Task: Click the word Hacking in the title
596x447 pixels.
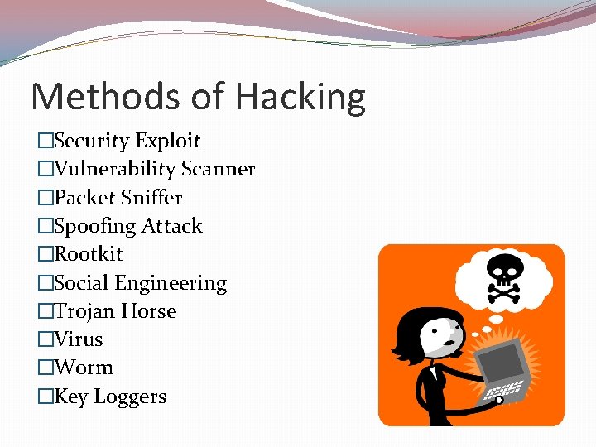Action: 300,98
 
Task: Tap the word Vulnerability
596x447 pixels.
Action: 114,170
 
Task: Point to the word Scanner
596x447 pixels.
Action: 218,170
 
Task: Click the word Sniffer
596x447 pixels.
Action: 151,198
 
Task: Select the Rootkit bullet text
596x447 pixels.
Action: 88,254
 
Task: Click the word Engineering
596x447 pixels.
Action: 171,284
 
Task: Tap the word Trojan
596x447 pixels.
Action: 84,311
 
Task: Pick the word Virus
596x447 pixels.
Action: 78,339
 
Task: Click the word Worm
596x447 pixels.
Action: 83,368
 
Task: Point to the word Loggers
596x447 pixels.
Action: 130,397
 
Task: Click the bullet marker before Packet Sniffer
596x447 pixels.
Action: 45,198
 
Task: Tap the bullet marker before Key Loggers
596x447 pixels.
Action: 45,397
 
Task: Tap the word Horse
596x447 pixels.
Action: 148,311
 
